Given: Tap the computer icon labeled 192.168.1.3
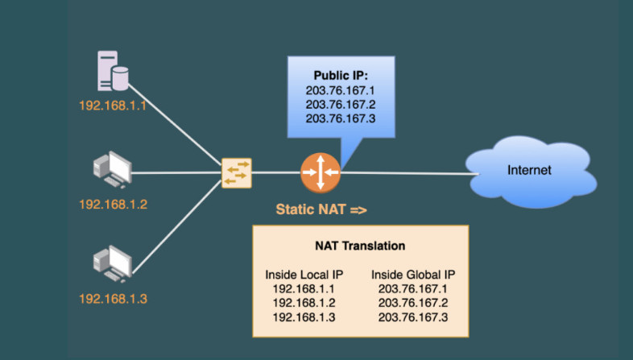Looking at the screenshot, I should (111, 263).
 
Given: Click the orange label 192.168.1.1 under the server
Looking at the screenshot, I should (113, 105).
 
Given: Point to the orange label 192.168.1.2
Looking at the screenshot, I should (113, 204).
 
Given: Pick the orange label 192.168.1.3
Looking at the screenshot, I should (113, 299).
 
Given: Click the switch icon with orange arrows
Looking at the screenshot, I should (237, 172).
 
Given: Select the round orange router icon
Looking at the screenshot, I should (320, 172).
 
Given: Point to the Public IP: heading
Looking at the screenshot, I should (341, 76).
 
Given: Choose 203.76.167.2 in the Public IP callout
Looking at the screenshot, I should (341, 104).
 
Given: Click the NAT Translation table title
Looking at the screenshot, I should (360, 246).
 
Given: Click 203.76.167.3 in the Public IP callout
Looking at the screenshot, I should (341, 118).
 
